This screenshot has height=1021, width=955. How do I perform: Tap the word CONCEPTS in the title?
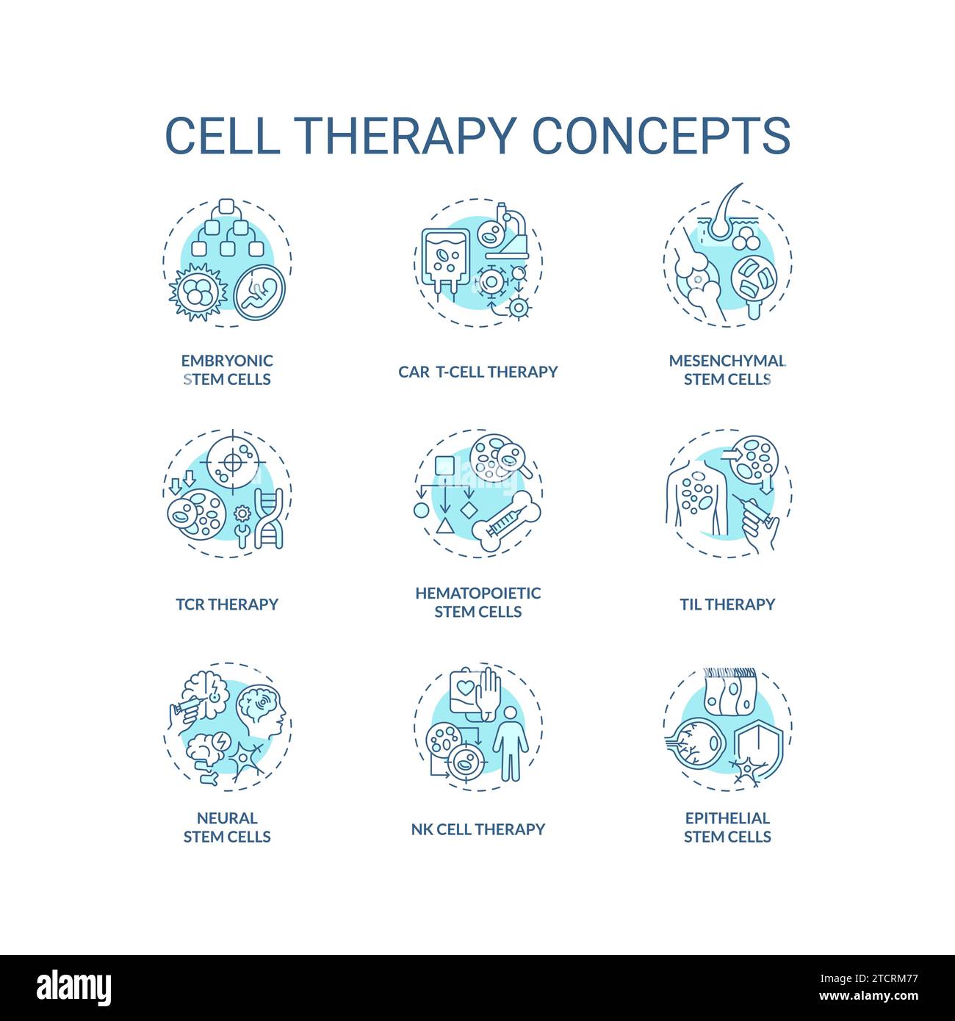coord(660,135)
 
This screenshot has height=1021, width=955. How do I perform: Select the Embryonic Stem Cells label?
coord(227,369)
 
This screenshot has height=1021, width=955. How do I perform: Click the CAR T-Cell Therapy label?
coord(478,372)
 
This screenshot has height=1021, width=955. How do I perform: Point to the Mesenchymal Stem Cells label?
coord(727,369)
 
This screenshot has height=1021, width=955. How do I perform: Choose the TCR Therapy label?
coord(227,604)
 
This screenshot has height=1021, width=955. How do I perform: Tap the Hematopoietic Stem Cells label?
coord(478,602)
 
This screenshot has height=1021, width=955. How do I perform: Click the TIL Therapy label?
coord(727,604)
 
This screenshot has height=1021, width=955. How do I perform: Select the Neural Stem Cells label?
coord(227,827)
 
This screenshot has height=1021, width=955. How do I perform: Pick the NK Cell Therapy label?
coord(478,829)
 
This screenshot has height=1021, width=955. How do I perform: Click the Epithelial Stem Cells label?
coord(727,827)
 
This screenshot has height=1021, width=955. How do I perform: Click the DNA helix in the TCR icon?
coord(268,519)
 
